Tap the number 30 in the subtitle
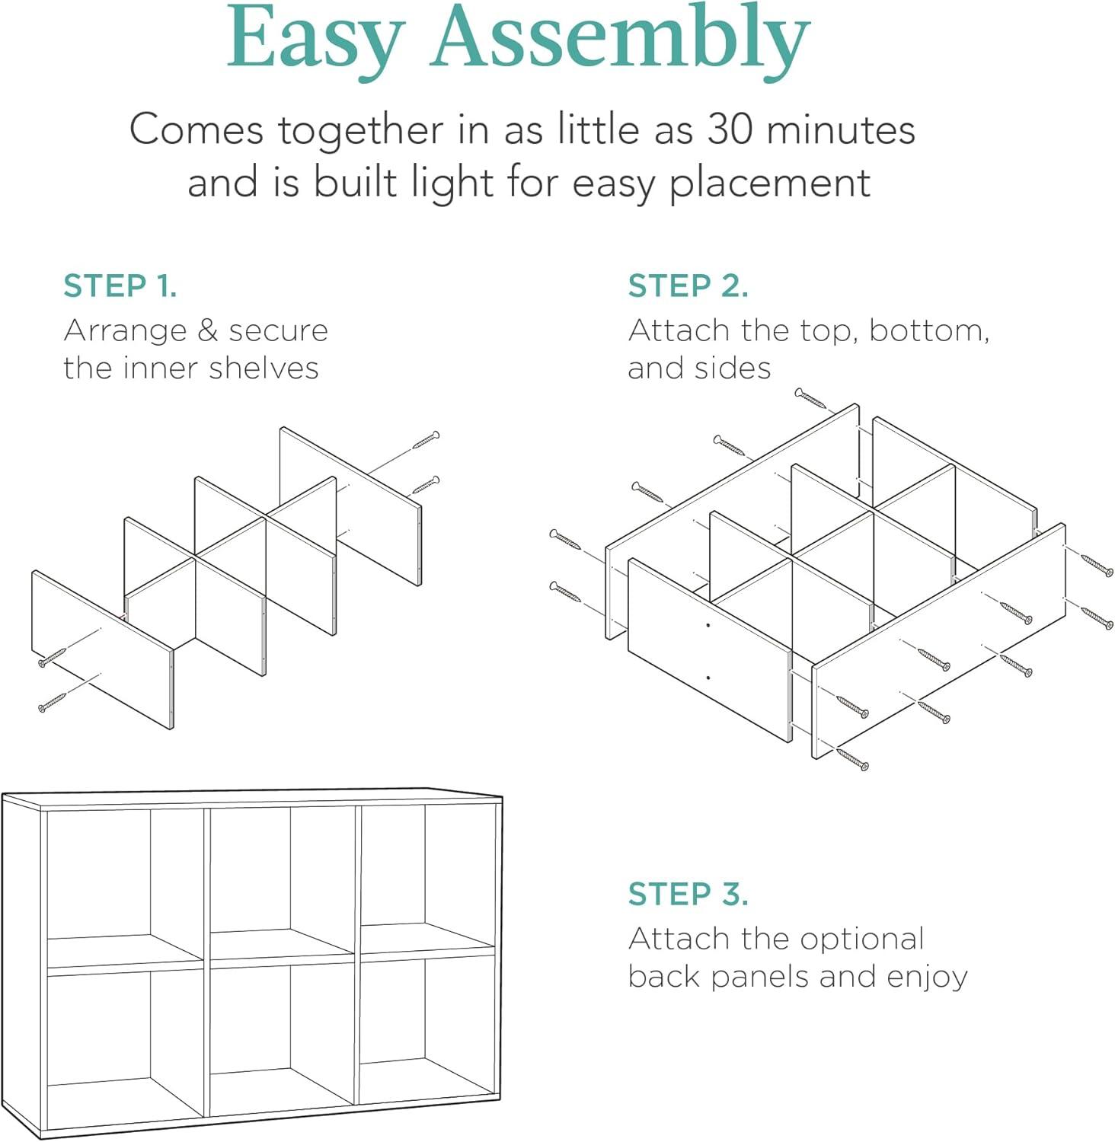731,129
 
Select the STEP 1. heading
120,285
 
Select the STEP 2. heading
688,285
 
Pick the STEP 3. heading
688,894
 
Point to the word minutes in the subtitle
841,129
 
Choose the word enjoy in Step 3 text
928,978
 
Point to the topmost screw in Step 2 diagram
810,398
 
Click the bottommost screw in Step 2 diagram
852,759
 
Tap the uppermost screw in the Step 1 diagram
426,440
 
